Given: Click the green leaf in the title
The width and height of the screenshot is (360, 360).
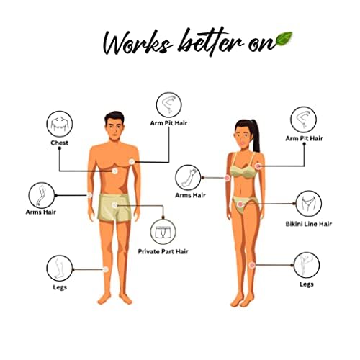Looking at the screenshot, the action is [284, 39].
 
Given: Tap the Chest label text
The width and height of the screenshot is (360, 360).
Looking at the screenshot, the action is [60, 143].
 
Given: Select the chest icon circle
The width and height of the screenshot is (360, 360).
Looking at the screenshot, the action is [60, 124].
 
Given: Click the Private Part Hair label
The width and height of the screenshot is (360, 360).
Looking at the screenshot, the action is [163, 251].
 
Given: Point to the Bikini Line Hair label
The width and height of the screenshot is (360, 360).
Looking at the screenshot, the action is [309, 224].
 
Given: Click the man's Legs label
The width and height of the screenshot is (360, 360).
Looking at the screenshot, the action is [60, 287].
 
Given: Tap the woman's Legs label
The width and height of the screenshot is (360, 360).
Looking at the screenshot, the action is [307, 284].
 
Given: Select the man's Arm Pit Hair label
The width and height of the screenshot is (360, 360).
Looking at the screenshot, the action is [168, 123].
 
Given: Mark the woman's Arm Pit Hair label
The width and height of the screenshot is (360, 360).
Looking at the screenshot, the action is [304, 138].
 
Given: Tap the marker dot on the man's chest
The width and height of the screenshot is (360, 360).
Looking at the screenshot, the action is [115, 171].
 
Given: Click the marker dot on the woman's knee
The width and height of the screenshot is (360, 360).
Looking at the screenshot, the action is [252, 265].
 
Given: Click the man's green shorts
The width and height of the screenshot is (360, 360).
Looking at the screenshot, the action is [115, 207].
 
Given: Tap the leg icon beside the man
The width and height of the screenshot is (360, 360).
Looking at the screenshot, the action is [60, 268].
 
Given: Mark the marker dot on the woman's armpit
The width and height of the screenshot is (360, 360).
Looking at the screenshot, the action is [258, 166].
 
